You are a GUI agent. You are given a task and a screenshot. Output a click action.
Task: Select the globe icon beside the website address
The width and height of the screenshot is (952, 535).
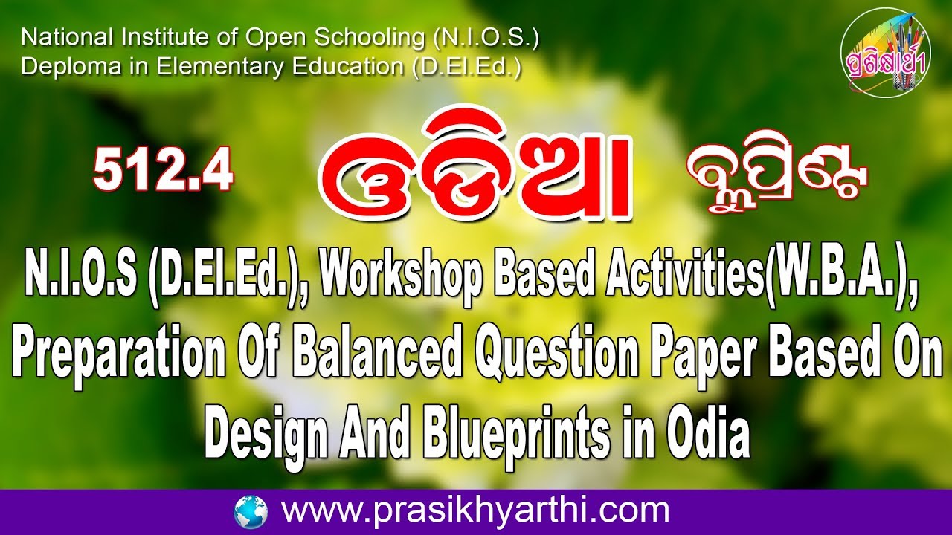coord(251,512)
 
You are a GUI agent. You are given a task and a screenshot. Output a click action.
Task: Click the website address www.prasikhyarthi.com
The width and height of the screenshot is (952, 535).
coord(475,511)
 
